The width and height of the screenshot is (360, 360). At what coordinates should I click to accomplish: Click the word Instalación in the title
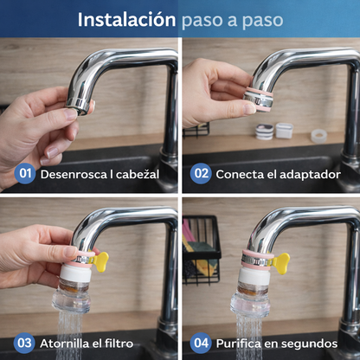click(126, 19)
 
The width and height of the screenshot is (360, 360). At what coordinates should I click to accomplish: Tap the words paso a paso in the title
click(232, 19)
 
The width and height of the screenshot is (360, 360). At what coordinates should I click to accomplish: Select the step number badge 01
click(26, 174)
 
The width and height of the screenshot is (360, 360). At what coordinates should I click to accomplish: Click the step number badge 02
click(201, 174)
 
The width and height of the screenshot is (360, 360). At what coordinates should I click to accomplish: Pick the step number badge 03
click(26, 344)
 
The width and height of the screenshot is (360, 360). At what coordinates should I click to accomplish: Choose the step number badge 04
click(201, 344)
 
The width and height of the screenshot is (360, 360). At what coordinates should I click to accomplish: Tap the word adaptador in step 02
click(305, 174)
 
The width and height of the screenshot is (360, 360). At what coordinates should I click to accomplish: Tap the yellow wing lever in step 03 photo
click(102, 261)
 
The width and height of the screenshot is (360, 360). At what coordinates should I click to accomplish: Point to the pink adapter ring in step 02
click(258, 94)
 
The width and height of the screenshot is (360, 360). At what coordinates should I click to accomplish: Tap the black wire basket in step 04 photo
click(200, 251)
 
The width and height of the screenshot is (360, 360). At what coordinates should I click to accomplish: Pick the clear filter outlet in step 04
click(249, 303)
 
